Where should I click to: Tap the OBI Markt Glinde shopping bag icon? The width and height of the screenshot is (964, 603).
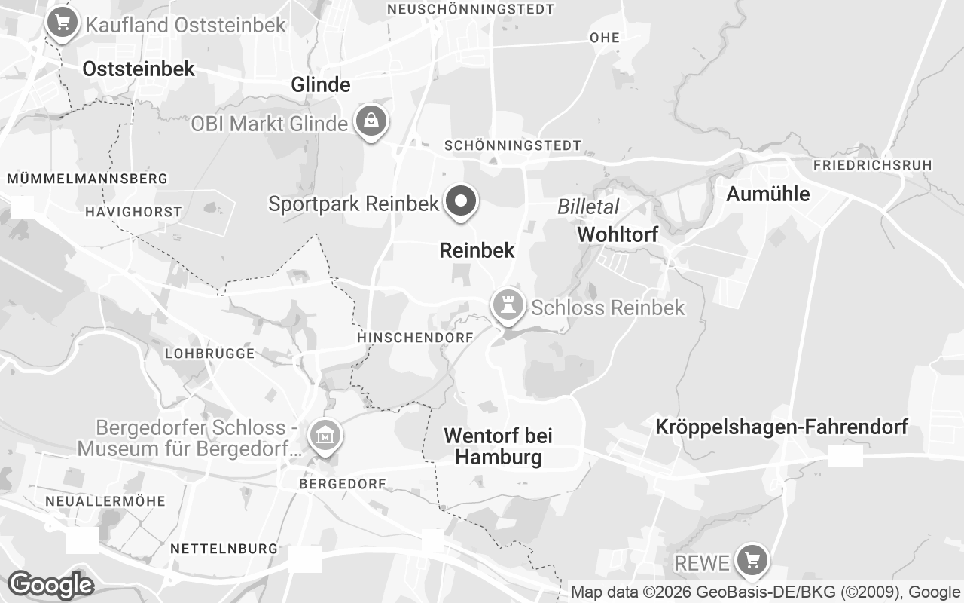(x=371, y=121)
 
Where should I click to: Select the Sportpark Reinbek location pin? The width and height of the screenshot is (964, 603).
(x=462, y=201)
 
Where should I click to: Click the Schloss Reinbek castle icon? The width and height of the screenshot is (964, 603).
(x=507, y=305)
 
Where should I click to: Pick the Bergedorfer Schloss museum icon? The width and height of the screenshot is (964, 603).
(x=325, y=435)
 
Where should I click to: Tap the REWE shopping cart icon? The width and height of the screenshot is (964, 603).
(x=751, y=559)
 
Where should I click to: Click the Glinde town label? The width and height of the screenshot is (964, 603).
(x=321, y=84)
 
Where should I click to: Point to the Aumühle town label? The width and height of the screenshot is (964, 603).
(x=767, y=194)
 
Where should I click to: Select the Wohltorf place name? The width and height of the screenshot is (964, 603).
(x=618, y=234)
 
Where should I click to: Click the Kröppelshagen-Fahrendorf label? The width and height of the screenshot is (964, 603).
(x=781, y=427)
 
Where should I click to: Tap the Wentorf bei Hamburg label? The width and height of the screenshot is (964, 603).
(x=498, y=446)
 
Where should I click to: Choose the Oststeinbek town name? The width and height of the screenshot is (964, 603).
(x=139, y=69)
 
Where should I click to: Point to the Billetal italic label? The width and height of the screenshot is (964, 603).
(x=588, y=207)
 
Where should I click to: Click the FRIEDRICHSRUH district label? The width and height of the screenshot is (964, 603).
(x=872, y=164)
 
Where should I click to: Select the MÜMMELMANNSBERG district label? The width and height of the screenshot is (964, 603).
(x=87, y=179)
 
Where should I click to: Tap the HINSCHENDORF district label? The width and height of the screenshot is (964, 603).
(x=415, y=337)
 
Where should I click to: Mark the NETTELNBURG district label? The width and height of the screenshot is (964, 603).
(x=224, y=548)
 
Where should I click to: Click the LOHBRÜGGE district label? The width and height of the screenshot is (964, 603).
(x=209, y=353)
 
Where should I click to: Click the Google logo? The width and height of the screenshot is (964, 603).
(x=50, y=585)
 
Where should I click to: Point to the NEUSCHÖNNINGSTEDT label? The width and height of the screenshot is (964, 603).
(x=470, y=9)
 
